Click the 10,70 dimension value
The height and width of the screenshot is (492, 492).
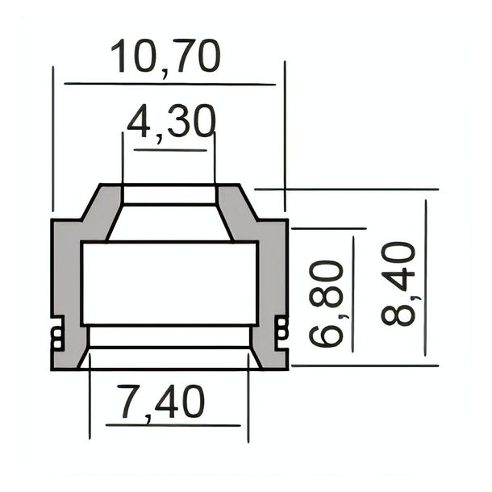click(x=165, y=57)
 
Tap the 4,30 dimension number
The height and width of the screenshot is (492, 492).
click(x=172, y=122)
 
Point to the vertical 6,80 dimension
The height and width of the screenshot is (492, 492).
click(x=326, y=302)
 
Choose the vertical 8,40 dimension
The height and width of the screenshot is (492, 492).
click(x=398, y=284)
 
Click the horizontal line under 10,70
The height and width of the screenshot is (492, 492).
click(x=169, y=84)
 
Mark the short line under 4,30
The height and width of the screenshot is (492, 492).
click(x=170, y=150)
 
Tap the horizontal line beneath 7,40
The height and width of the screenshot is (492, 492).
click(x=173, y=426)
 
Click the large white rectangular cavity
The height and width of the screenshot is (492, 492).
click(x=169, y=283)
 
